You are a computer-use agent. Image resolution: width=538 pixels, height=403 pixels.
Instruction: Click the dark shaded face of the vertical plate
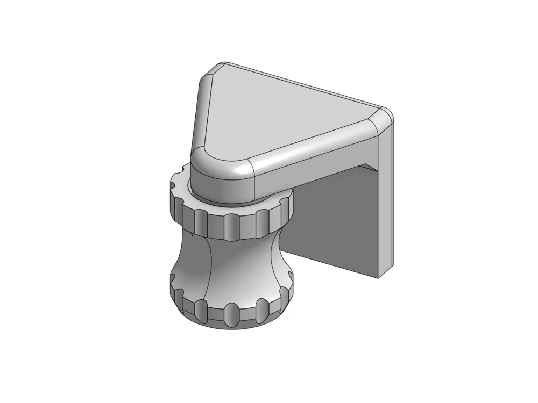coord(334,220)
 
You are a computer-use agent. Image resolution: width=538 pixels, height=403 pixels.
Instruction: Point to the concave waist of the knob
coord(231,269)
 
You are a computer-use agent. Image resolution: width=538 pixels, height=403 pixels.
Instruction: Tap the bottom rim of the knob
coord(231,326)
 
